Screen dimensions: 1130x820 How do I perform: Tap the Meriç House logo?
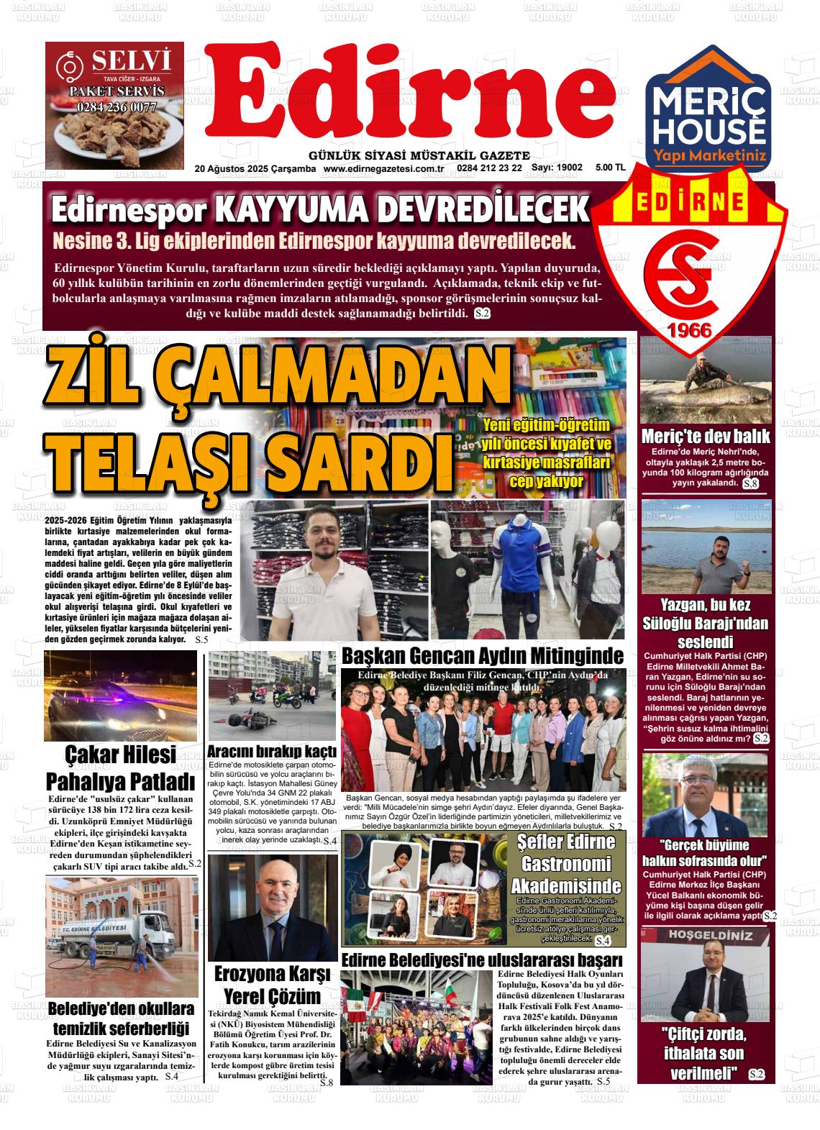point(708,119)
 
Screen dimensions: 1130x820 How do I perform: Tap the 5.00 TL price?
point(610,168)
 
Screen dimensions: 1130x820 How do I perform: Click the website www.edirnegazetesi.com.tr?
point(382,168)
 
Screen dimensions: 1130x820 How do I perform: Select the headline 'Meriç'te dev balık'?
point(705,436)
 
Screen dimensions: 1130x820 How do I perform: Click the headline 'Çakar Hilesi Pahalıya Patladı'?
point(120,767)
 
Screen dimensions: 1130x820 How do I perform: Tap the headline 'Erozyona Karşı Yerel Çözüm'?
point(272,985)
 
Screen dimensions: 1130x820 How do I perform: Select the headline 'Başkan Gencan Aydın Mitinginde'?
point(482,656)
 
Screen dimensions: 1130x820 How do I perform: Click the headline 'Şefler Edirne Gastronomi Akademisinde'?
point(565,863)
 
